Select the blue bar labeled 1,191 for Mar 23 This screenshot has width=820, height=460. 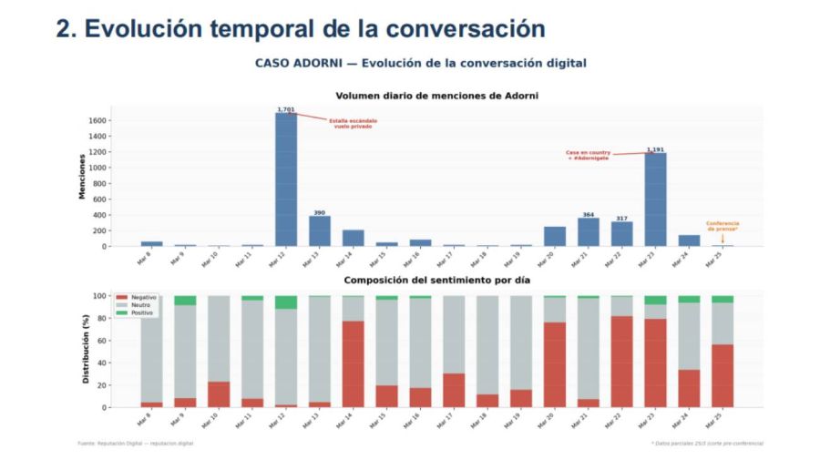[x=656, y=199]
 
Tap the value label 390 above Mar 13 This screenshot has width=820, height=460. [x=320, y=212]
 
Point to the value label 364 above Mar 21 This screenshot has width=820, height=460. [x=589, y=215]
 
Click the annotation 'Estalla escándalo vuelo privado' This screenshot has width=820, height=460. [x=353, y=123]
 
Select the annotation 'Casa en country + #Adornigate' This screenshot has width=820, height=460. [x=587, y=156]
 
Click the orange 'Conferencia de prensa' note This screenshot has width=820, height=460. [x=723, y=226]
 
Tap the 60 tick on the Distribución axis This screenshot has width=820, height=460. [x=102, y=341]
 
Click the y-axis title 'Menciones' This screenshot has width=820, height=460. [x=81, y=177]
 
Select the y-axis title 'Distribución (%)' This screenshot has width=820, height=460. [x=86, y=352]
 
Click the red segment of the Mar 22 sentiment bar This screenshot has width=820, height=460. [x=622, y=361]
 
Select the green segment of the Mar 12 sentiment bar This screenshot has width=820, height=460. [x=286, y=302]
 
